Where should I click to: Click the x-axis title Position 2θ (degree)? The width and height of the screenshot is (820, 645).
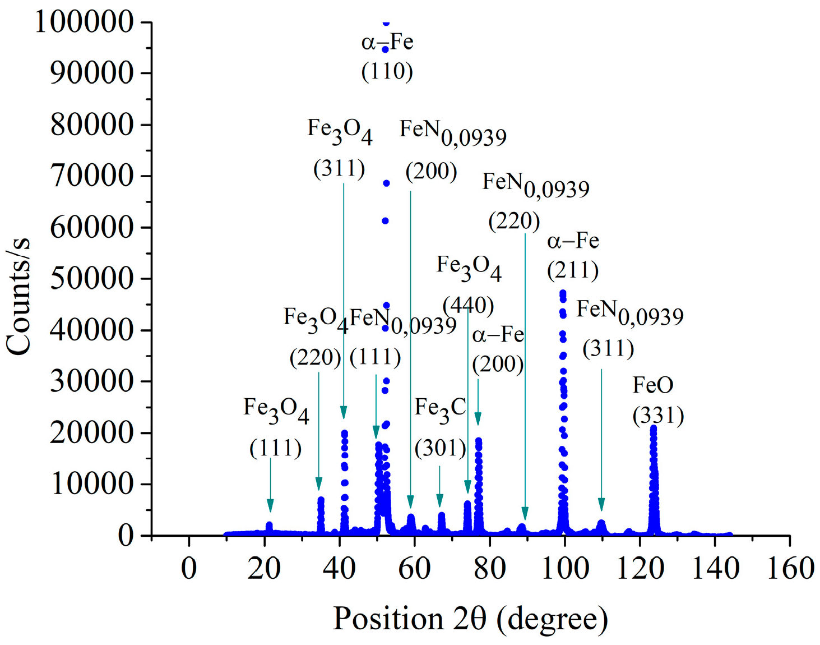(x=470, y=619)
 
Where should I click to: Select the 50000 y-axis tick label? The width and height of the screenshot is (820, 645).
(x=92, y=279)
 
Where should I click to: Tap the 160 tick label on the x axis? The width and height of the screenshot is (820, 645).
(x=790, y=569)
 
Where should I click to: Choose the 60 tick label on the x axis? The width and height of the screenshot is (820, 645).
(x=414, y=569)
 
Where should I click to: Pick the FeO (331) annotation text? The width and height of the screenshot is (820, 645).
(x=658, y=400)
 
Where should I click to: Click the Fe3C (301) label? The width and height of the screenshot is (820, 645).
(x=441, y=427)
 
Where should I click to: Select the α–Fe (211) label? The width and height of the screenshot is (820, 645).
(x=573, y=256)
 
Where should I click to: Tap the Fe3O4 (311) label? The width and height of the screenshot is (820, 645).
(x=340, y=148)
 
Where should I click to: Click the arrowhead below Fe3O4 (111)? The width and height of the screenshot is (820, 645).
(x=270, y=506)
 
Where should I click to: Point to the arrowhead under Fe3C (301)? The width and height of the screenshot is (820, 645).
(x=440, y=501)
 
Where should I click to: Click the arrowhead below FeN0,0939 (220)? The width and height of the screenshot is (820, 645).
(x=525, y=514)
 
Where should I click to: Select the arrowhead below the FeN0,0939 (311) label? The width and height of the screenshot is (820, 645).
(x=601, y=505)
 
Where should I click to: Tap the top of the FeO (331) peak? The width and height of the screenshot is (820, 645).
(x=653, y=429)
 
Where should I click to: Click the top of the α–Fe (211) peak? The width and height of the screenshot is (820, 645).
(x=563, y=293)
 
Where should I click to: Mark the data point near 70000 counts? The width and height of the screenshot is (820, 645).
(x=386, y=183)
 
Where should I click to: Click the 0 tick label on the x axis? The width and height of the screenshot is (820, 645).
(x=189, y=569)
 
